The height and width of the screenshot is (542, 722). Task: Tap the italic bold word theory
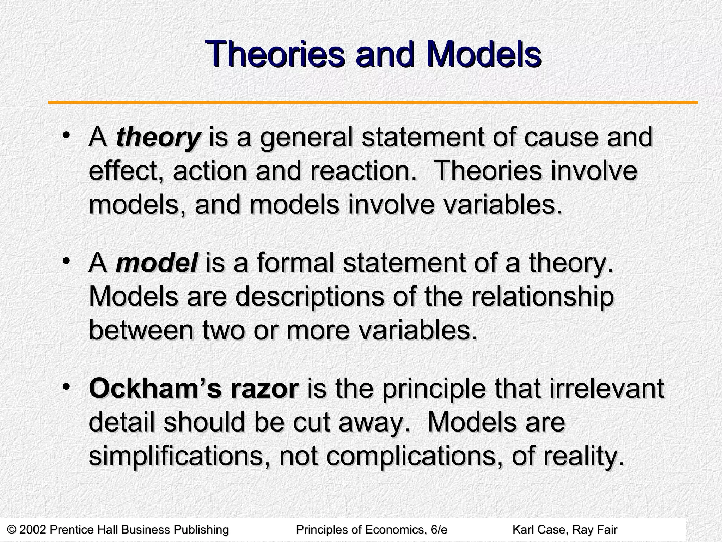158,138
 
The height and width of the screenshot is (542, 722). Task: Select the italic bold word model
157,263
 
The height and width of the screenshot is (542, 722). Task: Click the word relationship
543,297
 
